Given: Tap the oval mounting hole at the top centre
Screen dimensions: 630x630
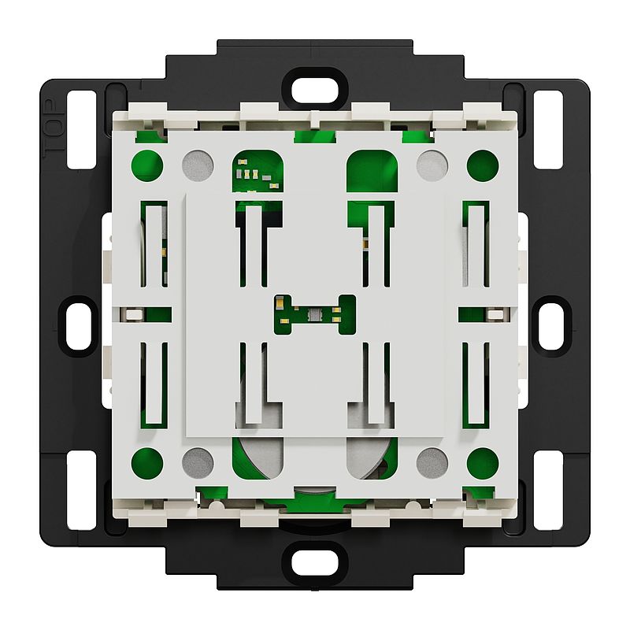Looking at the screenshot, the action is (x=314, y=91).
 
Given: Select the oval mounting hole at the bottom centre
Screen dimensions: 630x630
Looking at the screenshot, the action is (x=314, y=562).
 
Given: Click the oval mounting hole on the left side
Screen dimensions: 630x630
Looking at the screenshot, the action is (x=80, y=326).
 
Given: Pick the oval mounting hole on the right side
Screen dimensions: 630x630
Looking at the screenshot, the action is (x=550, y=326).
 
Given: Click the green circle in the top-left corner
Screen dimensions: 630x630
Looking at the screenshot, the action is (x=147, y=165).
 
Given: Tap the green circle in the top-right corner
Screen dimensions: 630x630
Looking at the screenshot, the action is (x=483, y=165).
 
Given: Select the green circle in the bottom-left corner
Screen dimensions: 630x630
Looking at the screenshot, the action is (x=147, y=463).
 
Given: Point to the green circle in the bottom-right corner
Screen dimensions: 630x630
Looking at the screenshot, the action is (x=483, y=463).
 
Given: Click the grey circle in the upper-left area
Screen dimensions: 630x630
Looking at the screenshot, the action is (x=198, y=165).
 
